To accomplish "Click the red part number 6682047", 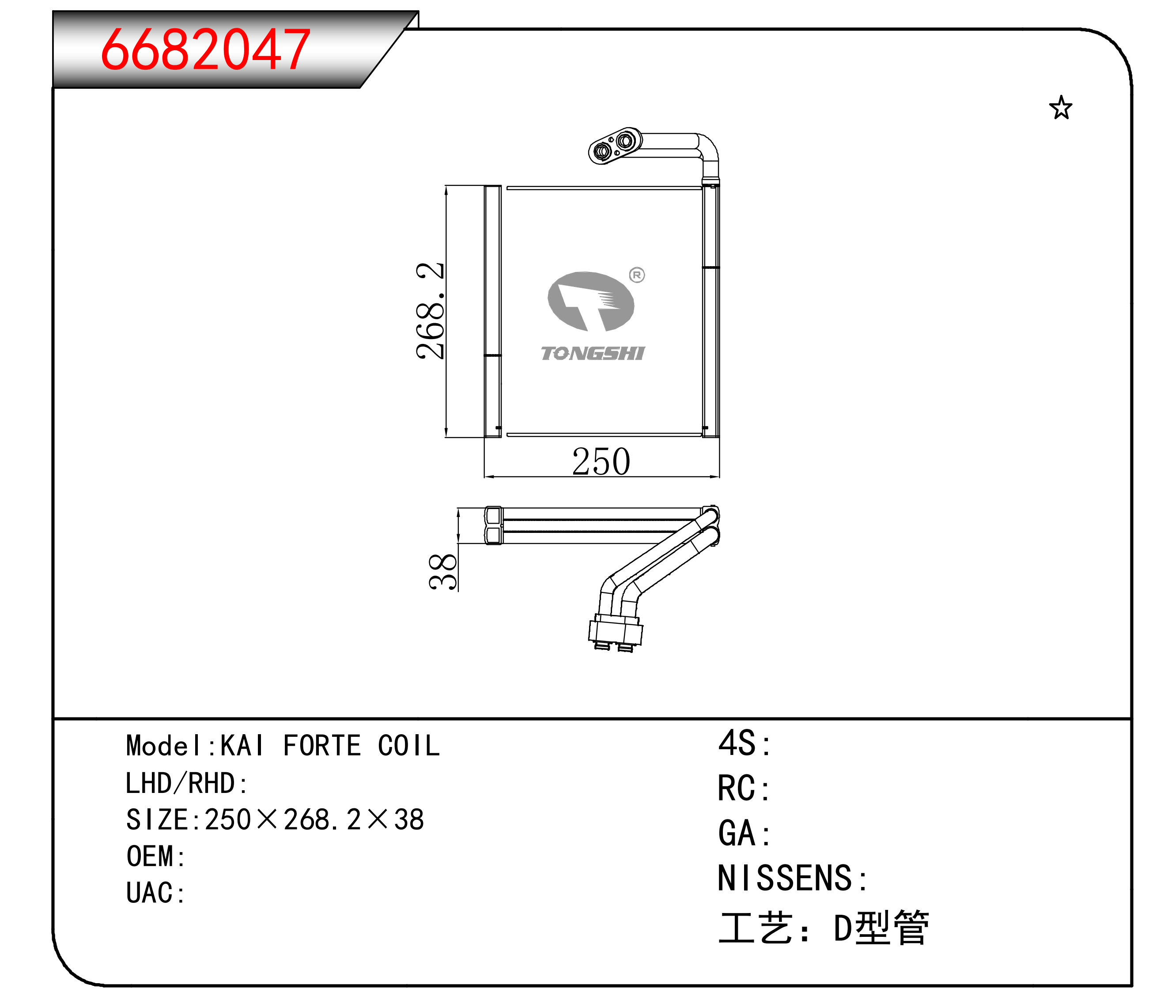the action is point(205,50).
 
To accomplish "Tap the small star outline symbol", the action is point(1061,108).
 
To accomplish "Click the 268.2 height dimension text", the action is point(430,311).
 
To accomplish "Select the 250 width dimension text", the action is point(601,462).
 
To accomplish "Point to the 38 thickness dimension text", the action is point(443,571).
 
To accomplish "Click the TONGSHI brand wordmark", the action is point(593,354).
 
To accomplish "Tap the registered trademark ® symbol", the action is point(637,275).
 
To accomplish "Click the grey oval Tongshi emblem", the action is point(591,301).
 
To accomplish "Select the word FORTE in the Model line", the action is point(322,746).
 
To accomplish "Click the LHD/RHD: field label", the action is point(187,783).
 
